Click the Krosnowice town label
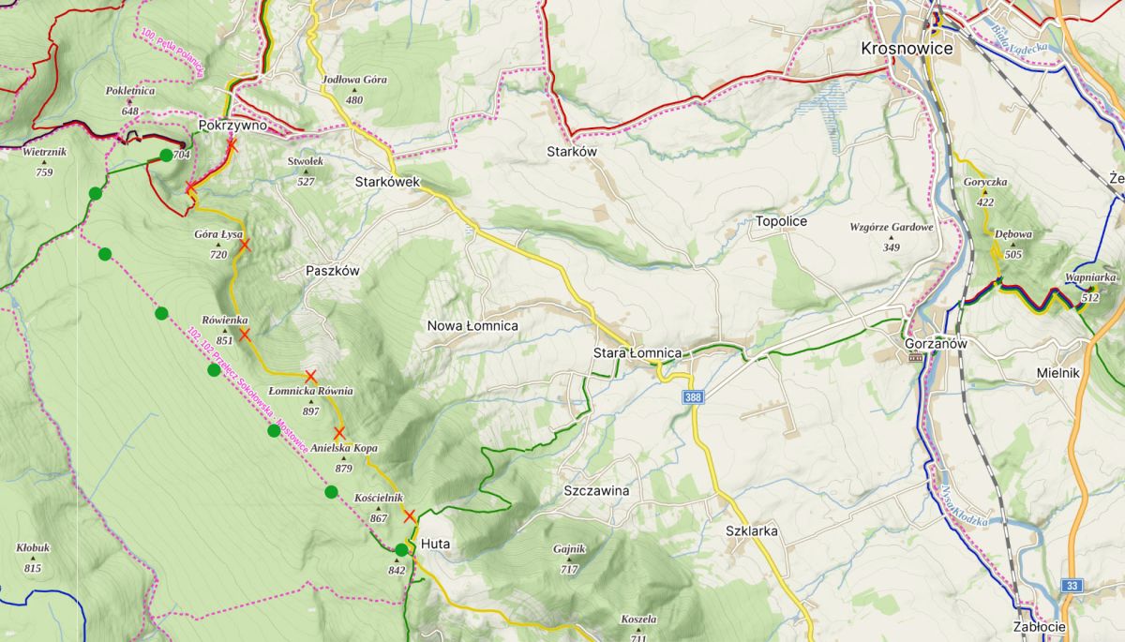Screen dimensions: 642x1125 [x=907, y=49]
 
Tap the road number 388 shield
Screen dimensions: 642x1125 [x=693, y=398]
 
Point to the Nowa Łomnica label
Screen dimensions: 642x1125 [x=472, y=326]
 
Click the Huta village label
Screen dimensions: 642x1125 [x=436, y=544]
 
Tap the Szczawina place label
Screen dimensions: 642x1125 [x=596, y=490]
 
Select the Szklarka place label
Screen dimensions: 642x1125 [x=752, y=530]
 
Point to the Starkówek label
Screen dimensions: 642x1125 [x=387, y=181]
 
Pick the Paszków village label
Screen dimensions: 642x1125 [x=333, y=270]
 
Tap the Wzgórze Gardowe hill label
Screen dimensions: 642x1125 [x=891, y=228]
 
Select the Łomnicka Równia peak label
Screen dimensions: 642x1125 [x=310, y=391]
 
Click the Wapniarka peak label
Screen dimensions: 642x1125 [x=1090, y=277]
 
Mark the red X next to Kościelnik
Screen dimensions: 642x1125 [x=409, y=515]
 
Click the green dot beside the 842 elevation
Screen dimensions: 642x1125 [x=401, y=550]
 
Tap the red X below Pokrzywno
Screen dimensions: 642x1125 [x=232, y=146]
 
